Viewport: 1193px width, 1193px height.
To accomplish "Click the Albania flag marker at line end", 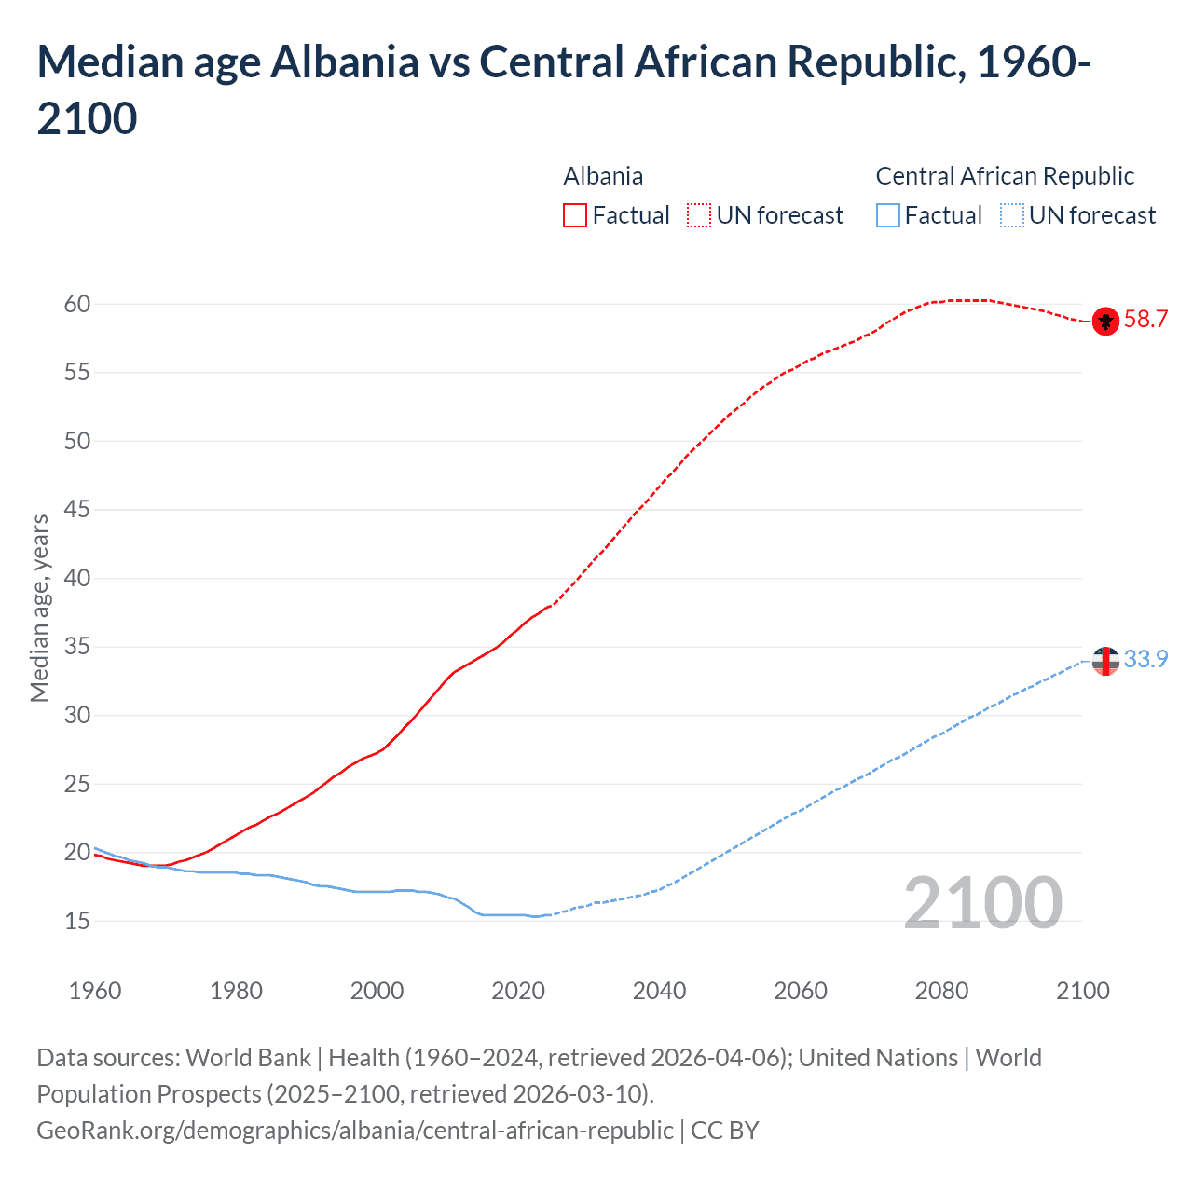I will coord(1105,321).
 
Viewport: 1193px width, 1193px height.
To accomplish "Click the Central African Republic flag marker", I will coord(1105,661).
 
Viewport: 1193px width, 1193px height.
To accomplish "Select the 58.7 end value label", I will coord(1145,320).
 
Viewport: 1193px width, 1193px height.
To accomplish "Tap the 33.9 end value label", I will coord(1145,660).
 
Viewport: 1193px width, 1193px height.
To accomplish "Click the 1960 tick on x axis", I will coord(95,991).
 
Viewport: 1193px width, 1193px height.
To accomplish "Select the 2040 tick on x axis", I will coord(659,991).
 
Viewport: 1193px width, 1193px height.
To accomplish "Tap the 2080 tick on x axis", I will coord(941,991).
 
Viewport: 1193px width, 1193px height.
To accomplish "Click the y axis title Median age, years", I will coord(39,608).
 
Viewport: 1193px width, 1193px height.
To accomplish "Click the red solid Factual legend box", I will coord(575,215).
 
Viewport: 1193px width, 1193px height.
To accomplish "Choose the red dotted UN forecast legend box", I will coord(699,215).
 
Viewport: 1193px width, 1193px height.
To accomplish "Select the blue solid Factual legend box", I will coord(888,215).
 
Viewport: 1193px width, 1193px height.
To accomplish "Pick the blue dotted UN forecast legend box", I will coord(1012,215).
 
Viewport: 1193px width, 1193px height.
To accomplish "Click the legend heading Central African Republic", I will coord(1005,176).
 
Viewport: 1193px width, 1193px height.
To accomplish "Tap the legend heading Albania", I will coord(603,176).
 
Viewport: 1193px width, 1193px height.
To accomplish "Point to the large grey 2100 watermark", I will coord(982,903).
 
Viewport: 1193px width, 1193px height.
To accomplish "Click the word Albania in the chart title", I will coord(345,62).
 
